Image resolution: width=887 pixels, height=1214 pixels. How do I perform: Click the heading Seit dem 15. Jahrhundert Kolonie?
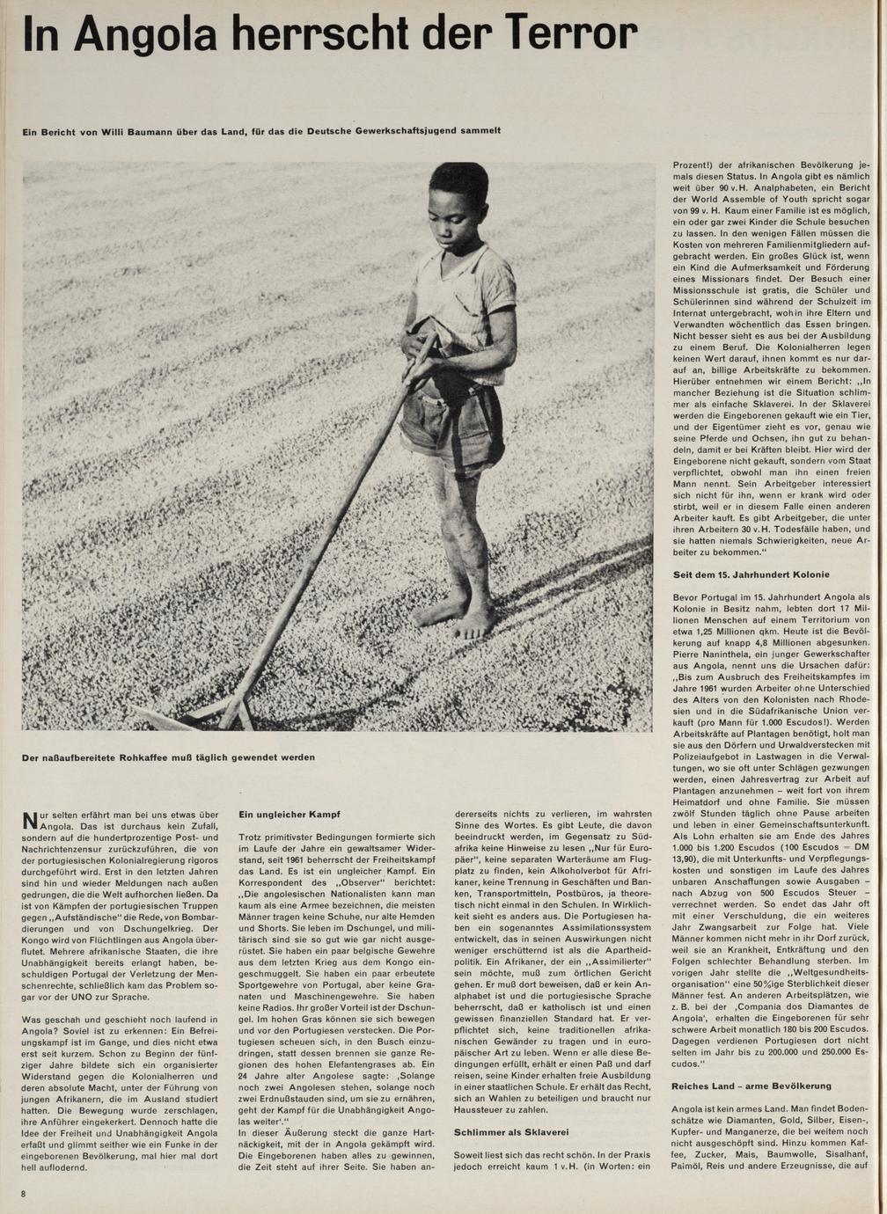pos(751,574)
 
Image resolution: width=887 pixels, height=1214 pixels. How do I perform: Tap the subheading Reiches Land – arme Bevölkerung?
pos(751,1085)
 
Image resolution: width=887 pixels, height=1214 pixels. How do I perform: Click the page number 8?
pos(25,1193)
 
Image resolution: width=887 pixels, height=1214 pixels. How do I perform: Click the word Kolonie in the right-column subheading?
pos(809,574)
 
